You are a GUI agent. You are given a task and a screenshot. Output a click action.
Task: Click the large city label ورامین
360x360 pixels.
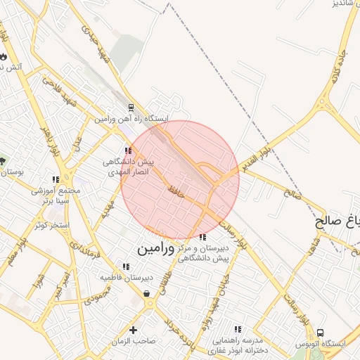point(153,248)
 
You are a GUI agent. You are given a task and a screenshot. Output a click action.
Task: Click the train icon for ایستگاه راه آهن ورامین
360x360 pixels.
point(130,108)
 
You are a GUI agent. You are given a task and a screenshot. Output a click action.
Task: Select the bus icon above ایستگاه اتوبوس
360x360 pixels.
point(321,332)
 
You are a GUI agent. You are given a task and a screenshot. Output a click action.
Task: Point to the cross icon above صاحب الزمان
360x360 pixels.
point(133,329)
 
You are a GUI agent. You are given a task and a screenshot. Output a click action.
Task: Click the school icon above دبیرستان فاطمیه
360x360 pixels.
point(125,266)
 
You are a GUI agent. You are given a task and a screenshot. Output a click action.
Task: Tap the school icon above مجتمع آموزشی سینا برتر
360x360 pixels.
point(56,179)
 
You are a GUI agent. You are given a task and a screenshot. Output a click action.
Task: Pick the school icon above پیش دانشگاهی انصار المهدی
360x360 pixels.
point(127,150)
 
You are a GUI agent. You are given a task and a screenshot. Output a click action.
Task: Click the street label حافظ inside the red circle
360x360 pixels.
point(176,189)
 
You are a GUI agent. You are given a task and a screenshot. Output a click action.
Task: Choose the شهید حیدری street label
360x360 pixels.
point(96,41)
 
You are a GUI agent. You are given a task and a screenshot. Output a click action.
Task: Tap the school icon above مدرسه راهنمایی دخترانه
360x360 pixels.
point(237,328)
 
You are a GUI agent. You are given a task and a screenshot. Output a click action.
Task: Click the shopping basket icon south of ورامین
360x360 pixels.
point(147,293)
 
